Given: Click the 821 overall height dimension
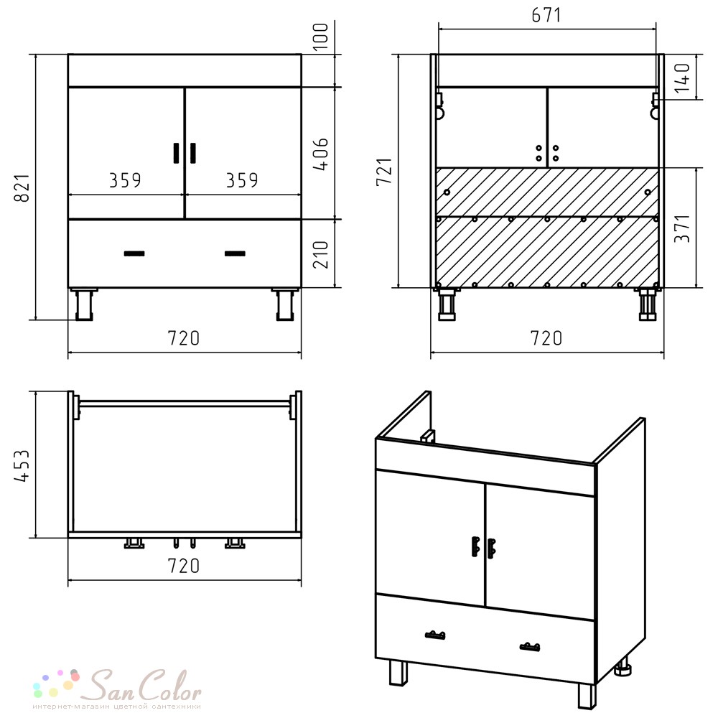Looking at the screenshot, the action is [22, 188].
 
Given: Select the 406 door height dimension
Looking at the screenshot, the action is [321, 154].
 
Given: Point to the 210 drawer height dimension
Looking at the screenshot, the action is [321, 255].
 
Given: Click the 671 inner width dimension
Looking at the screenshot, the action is [546, 15].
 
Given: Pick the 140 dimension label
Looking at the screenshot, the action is [682, 77].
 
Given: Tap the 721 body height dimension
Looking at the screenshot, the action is [385, 172].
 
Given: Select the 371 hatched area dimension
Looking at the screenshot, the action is [682, 228].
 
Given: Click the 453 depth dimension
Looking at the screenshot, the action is [22, 465].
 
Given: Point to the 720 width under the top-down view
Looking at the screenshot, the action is [184, 566].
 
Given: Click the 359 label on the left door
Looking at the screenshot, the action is [125, 180].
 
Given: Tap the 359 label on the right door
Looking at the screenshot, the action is [242, 180].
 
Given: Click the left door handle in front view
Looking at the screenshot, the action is [177, 153].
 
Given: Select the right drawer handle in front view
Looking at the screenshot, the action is [235, 253].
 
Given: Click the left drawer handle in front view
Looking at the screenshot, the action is [135, 253].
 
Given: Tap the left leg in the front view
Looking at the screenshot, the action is [84, 304].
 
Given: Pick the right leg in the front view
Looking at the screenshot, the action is [285, 304].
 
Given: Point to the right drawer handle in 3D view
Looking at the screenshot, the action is [530, 647].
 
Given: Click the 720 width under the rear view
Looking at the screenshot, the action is [546, 338].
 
